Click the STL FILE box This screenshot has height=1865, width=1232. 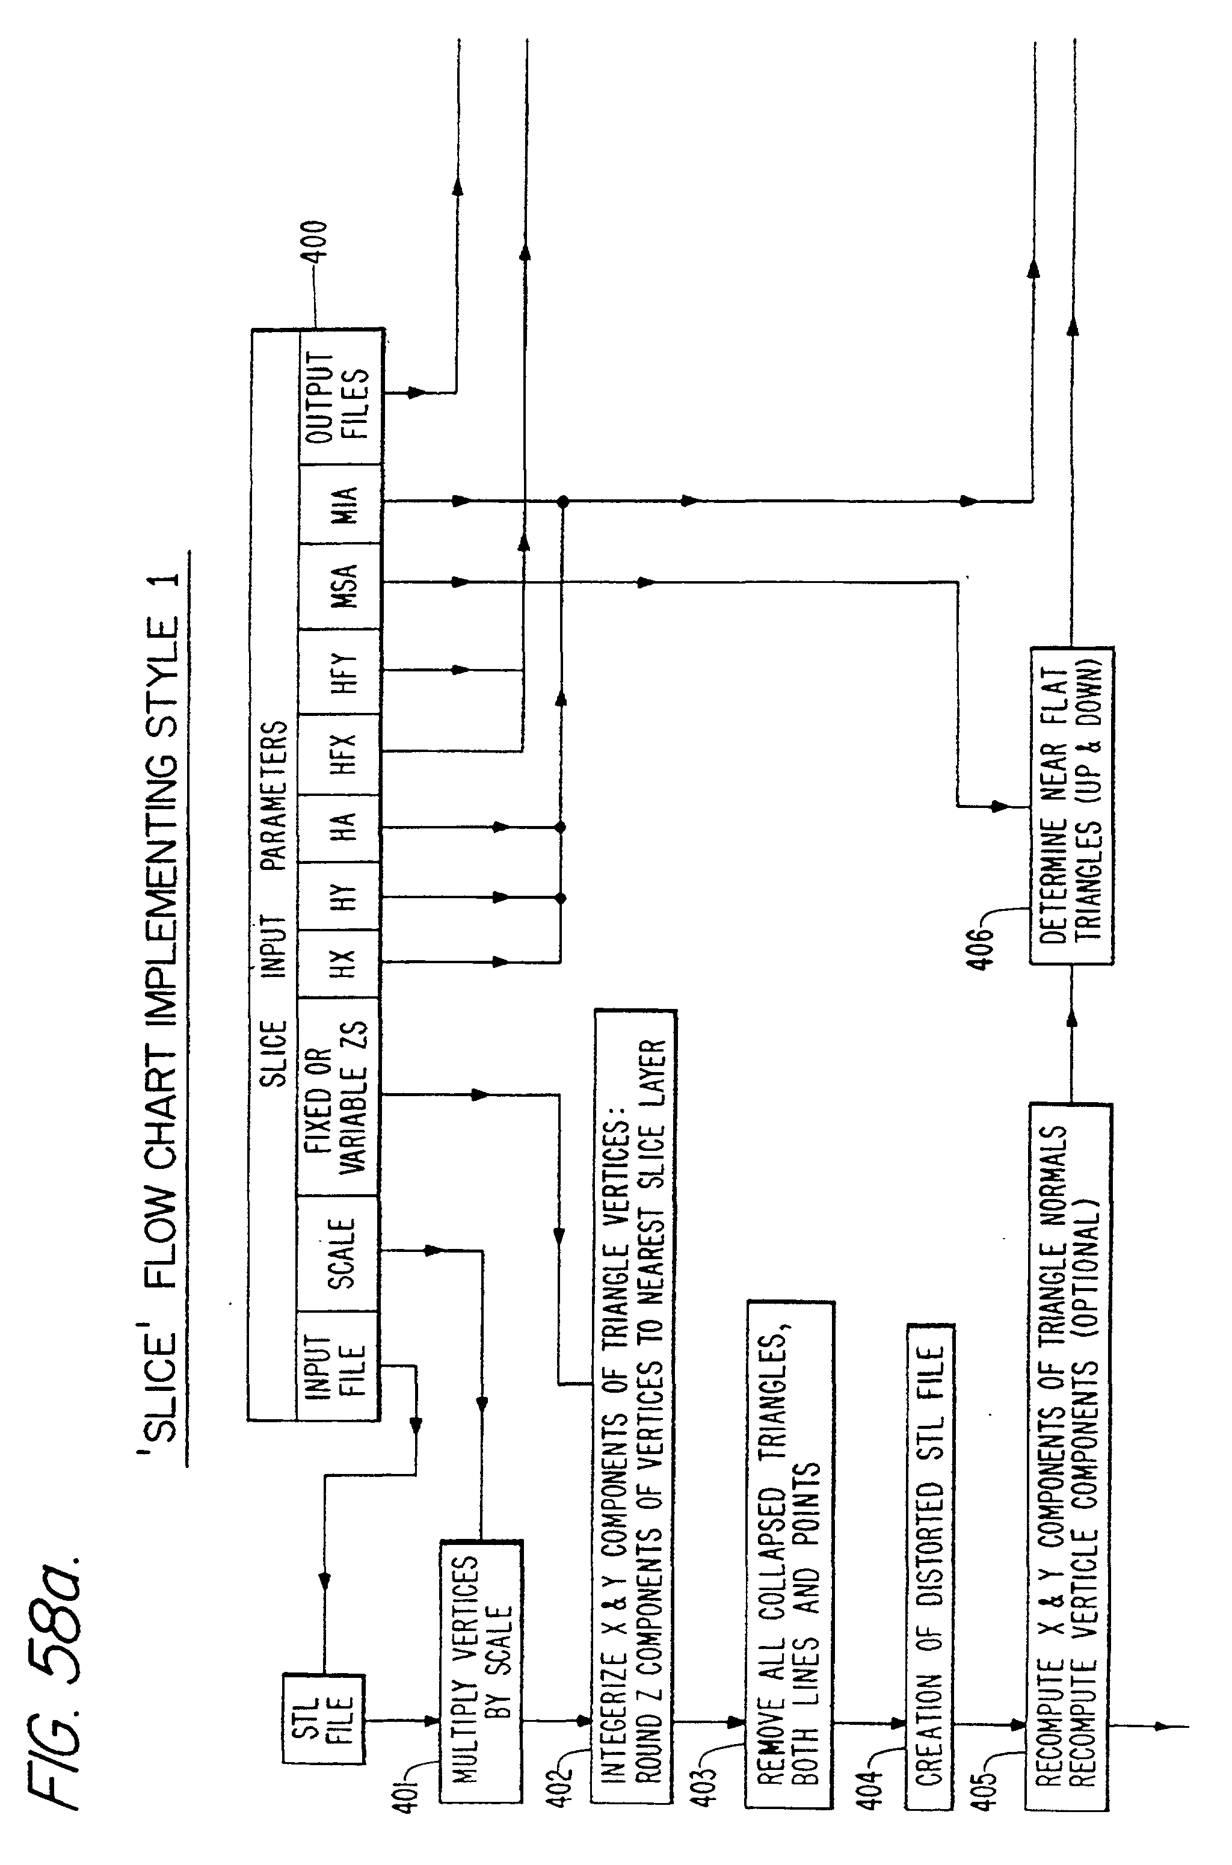tap(324, 1721)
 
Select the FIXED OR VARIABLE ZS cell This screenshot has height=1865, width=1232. tap(338, 1097)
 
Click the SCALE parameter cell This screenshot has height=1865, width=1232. tap(338, 1254)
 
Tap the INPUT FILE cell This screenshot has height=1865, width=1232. tap(338, 1366)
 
